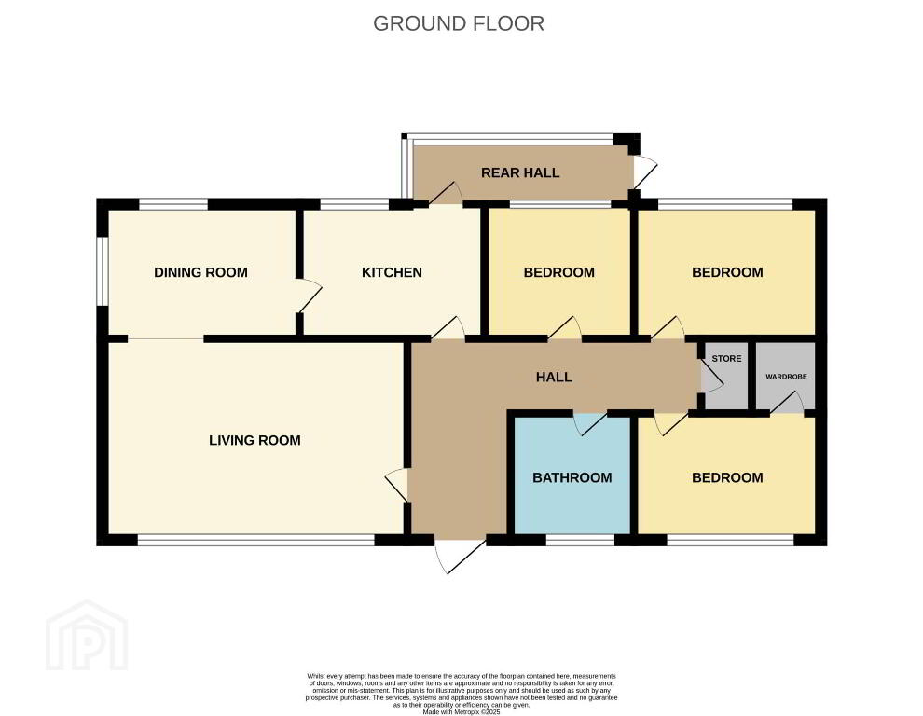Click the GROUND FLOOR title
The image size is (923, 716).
coord(459,23)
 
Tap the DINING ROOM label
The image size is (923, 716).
coord(200,272)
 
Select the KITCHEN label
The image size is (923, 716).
coord(392,272)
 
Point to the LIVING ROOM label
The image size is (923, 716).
coord(255,440)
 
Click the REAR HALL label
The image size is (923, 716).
coord(520,173)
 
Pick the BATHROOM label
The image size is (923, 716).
coord(572,477)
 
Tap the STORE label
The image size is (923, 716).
coord(726,359)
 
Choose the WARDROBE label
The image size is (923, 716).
coord(787,377)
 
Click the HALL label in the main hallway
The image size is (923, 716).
coord(554,377)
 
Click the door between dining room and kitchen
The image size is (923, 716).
coord(309,296)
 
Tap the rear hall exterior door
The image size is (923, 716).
coord(644,172)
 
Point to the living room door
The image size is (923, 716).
coord(397,485)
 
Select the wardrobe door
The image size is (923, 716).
coord(787,403)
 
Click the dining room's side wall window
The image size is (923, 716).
coord(103,271)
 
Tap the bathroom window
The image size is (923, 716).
coord(581,540)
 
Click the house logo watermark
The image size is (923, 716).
coord(87,635)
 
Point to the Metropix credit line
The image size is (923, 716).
coord(461,712)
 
